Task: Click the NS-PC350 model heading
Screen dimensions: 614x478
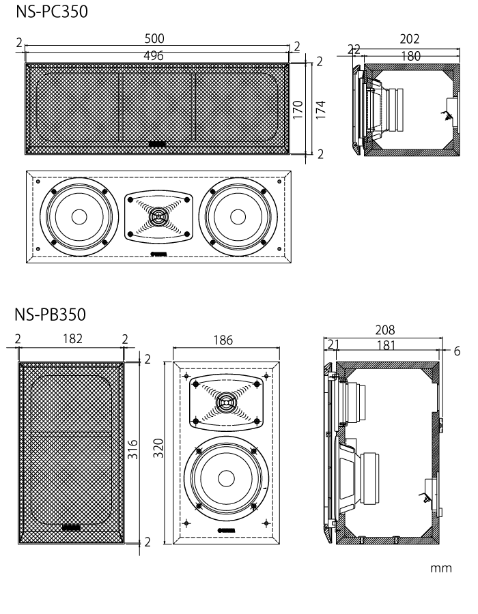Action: [51, 12]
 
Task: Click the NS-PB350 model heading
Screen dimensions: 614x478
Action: [51, 315]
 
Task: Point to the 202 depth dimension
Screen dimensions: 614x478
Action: [410, 39]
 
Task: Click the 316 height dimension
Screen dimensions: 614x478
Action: [134, 448]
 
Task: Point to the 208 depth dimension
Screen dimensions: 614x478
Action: [384, 331]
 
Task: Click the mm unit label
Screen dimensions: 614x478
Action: [441, 568]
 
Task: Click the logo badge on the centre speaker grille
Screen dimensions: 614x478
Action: [158, 144]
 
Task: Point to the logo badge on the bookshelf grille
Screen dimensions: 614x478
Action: [72, 526]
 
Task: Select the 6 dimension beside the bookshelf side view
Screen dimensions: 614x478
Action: [456, 351]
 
